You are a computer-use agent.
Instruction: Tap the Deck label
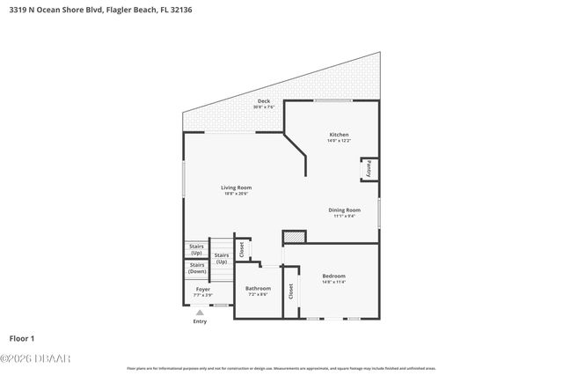263,101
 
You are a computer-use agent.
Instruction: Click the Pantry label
369,167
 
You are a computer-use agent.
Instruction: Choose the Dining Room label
344,210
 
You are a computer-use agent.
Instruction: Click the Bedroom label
333,276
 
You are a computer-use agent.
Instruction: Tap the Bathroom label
258,288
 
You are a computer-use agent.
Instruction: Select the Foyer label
202,289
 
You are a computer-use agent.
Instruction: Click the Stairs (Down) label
197,268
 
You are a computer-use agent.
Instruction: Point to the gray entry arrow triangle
200,312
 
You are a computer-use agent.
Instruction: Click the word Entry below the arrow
200,321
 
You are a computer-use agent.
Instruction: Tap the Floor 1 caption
23,337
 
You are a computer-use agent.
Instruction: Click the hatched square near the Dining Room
293,237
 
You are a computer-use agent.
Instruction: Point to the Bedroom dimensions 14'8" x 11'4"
333,282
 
